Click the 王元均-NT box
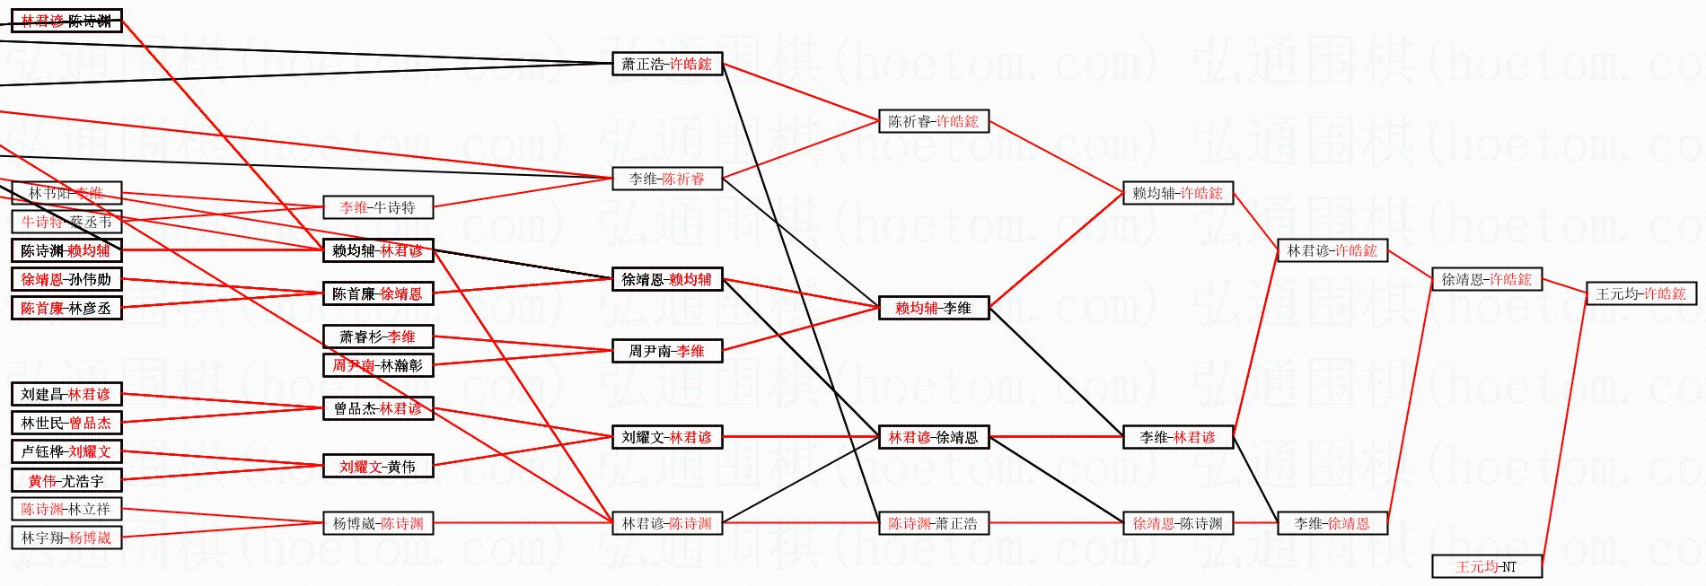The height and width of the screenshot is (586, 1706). pos(1486,566)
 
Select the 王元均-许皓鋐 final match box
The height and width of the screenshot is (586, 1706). pos(1640,293)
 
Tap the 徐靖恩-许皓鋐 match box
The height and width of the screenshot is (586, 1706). pos(1486,279)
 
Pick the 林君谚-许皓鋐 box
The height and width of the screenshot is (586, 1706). pos(1332,250)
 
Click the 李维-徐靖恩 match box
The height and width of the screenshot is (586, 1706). pos(1332,523)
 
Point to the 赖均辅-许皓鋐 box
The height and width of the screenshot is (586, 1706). pos(1178,193)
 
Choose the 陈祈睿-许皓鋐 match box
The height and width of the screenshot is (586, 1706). pos(933,121)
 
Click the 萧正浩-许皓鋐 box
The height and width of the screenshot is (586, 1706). pos(666,64)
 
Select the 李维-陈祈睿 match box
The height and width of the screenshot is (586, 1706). pos(666,179)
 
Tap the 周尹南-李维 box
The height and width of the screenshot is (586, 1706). pos(666,351)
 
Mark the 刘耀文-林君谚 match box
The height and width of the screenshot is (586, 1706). pos(666,437)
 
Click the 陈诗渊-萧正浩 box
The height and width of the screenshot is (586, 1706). pos(933,523)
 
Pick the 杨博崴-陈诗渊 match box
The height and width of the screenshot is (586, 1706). pos(378,523)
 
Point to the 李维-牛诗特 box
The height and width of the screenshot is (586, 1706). pos(378,207)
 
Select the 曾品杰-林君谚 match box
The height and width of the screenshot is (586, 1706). pos(378,408)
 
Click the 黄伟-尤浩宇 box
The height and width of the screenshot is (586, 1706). pos(66,481)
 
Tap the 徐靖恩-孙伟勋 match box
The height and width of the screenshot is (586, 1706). pos(66,279)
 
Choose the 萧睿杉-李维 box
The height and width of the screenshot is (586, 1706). pos(378,337)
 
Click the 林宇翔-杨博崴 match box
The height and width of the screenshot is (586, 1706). pos(66,538)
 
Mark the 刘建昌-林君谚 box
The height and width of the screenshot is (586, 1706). pos(66,394)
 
